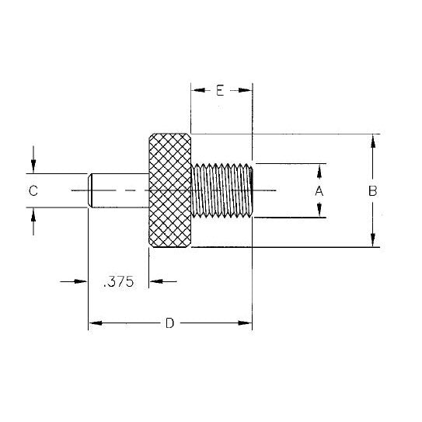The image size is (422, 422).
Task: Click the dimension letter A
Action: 319,190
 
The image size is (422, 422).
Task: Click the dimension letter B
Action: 373,190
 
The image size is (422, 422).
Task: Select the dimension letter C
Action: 33,190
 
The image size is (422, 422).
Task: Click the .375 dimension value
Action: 119,283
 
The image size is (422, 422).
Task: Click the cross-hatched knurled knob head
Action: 169,190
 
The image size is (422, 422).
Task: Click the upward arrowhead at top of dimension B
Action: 374,140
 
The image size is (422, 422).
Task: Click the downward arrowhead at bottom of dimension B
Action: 374,241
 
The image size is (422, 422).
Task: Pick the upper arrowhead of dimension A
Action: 319,169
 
